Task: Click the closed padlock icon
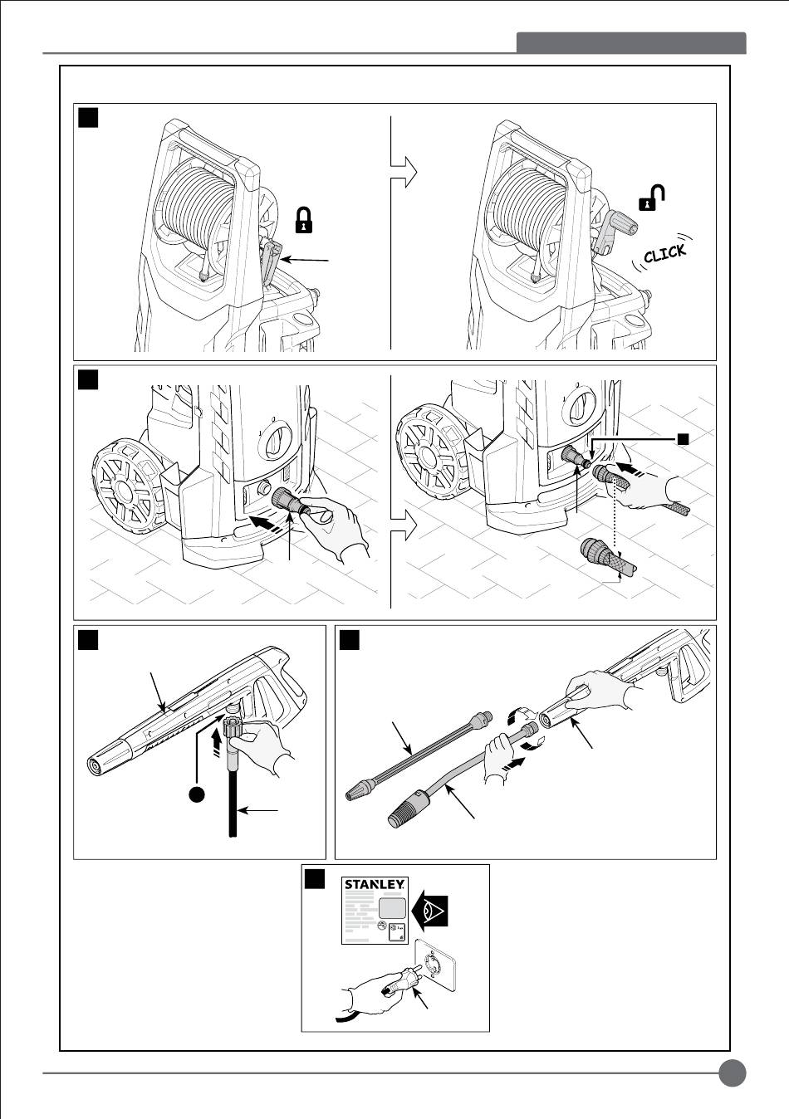(x=304, y=220)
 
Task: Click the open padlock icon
(x=652, y=198)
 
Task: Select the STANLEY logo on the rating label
(x=375, y=885)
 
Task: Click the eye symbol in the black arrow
(x=431, y=910)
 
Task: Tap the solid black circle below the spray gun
(x=197, y=794)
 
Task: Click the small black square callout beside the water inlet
(x=683, y=439)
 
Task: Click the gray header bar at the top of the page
(x=631, y=43)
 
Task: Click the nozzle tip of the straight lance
(x=359, y=791)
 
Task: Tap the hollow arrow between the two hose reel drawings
(x=404, y=172)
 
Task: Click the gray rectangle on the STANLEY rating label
(x=393, y=906)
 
